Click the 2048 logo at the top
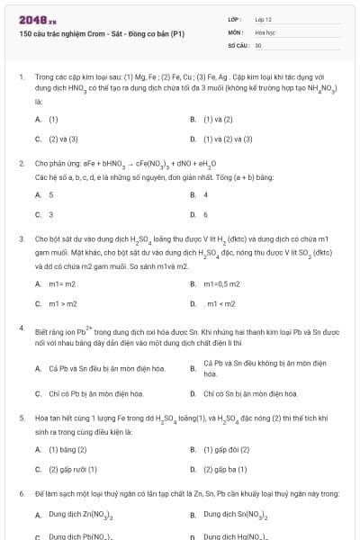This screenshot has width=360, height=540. pos(32,18)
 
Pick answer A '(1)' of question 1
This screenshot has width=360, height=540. pos(53,119)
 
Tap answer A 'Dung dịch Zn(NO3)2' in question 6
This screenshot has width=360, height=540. pos(80,515)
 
